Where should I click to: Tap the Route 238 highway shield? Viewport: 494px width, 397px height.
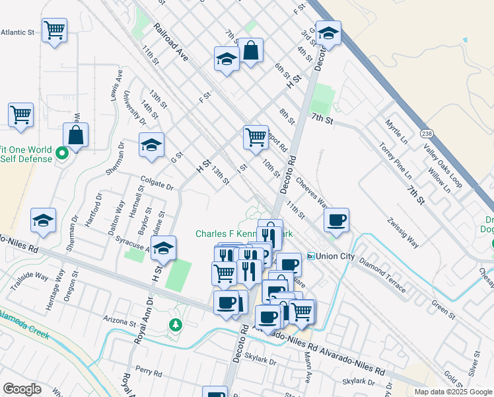click(x=427, y=132)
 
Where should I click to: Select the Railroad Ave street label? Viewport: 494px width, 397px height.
click(x=170, y=43)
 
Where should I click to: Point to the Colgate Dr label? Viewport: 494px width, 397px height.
click(x=157, y=183)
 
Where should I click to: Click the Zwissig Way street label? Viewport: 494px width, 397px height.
click(x=404, y=231)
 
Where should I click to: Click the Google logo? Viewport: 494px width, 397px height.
click(x=22, y=389)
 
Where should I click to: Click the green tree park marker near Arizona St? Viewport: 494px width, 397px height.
click(x=175, y=324)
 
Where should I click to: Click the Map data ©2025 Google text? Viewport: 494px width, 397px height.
click(x=453, y=392)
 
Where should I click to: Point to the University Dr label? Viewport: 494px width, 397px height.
click(x=134, y=108)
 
